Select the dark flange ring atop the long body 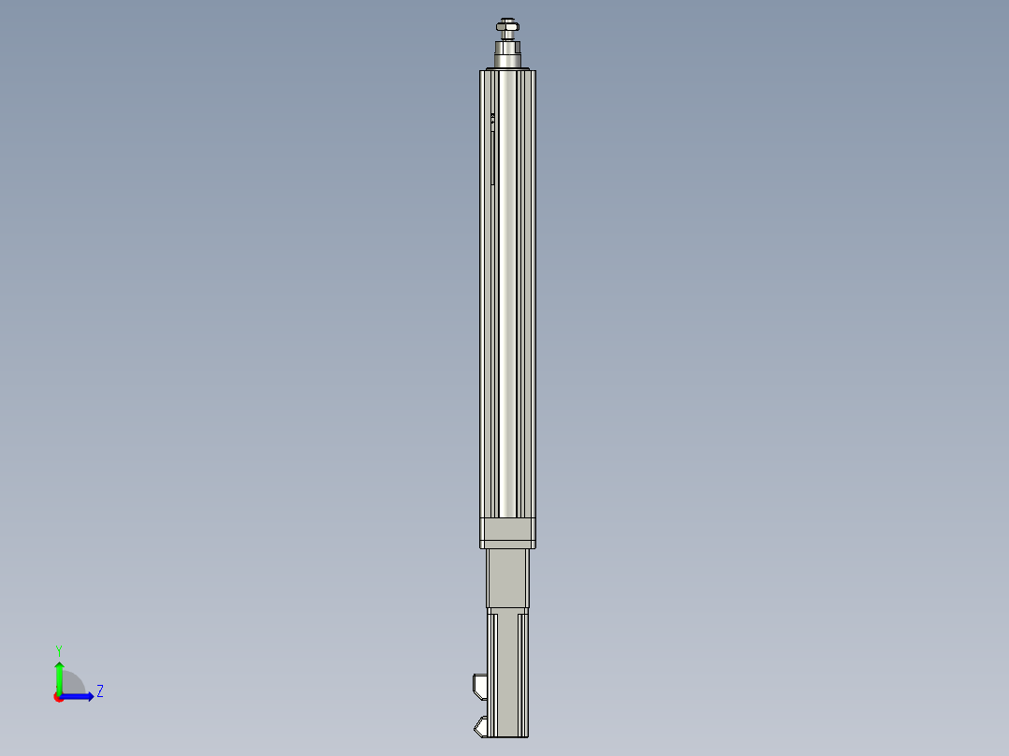(x=507, y=68)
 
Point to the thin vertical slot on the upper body (x=493, y=154)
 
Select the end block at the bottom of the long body (x=507, y=532)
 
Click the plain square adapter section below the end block (x=507, y=578)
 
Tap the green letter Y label (x=59, y=649)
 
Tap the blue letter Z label (x=99, y=691)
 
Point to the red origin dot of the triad (x=59, y=697)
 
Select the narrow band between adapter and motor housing (x=507, y=610)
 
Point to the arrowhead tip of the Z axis (x=92, y=696)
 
